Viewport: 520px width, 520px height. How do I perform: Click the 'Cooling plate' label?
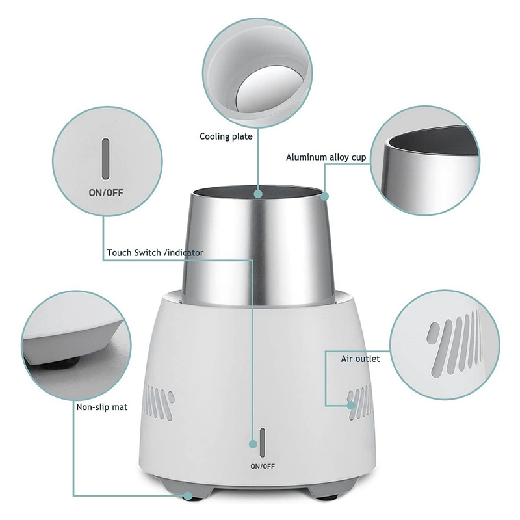click(226, 136)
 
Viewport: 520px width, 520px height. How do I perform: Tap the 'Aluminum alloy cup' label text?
click(326, 157)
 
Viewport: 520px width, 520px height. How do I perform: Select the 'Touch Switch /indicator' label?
click(155, 252)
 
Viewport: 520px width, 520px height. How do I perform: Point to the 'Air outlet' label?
click(360, 358)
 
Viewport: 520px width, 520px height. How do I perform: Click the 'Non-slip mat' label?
click(101, 408)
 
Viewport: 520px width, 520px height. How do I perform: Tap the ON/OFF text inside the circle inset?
click(105, 192)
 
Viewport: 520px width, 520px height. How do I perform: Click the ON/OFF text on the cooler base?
click(262, 466)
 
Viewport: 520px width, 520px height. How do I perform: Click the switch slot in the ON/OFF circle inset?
click(105, 157)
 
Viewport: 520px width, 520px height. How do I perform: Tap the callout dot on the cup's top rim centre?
click(258, 193)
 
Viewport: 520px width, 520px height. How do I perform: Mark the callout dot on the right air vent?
click(351, 405)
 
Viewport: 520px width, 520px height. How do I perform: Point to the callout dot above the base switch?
click(253, 444)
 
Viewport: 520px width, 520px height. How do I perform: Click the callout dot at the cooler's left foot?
click(188, 495)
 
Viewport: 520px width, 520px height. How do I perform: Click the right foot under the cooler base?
click(332, 495)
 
